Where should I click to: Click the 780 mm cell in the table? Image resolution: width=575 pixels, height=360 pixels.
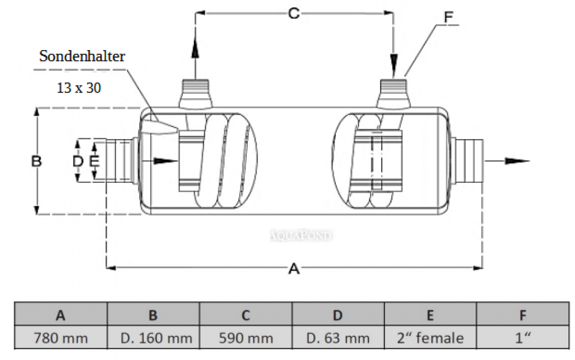tap(60, 338)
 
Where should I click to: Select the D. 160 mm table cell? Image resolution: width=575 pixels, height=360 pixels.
tap(153, 338)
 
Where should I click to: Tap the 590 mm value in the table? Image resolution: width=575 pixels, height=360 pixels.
tap(246, 338)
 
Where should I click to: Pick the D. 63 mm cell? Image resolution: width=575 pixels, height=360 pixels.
tap(338, 338)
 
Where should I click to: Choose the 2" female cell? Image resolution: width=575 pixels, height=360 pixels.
tap(431, 338)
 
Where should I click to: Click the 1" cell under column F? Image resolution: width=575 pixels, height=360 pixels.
tap(522, 338)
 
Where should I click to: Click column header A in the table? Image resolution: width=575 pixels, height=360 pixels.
tap(60, 315)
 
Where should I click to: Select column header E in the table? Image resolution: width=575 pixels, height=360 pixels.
tap(431, 315)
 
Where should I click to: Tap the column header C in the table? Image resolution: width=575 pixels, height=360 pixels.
tap(246, 315)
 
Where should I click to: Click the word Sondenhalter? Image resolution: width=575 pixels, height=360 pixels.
tap(82, 56)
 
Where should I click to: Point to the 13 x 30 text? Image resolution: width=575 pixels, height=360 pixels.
tap(79, 88)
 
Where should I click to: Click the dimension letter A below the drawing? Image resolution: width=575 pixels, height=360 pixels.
tap(294, 268)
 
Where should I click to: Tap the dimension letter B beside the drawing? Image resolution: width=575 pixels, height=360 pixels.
tap(36, 161)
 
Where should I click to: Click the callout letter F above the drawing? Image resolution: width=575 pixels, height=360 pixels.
tap(448, 17)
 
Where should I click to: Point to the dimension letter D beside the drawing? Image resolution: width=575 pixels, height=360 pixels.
tap(78, 162)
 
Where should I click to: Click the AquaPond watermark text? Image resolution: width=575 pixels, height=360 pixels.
tap(301, 235)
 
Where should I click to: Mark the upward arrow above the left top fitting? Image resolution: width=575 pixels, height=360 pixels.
tap(195, 49)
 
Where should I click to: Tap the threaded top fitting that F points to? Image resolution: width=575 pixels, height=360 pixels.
tap(394, 90)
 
